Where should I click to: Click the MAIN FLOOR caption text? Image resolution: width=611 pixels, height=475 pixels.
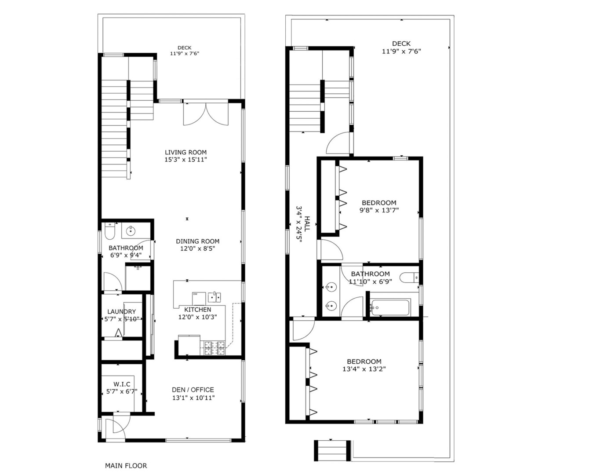(x=126, y=465)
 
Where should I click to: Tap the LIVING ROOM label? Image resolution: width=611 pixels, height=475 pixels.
(x=185, y=152)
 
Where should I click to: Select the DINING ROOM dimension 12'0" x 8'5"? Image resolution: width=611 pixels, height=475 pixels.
(x=197, y=248)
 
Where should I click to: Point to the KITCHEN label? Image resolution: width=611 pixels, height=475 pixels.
(x=197, y=309)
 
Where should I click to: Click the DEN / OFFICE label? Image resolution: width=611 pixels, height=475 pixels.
(x=193, y=390)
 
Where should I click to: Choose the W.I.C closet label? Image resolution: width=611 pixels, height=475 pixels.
(x=122, y=384)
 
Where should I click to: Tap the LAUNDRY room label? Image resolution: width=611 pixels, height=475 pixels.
(x=121, y=312)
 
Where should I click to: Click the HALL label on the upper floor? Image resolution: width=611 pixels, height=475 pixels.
(x=307, y=223)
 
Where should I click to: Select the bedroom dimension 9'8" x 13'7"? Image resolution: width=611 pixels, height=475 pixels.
(x=378, y=210)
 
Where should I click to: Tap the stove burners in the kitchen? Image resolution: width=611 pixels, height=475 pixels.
(x=215, y=348)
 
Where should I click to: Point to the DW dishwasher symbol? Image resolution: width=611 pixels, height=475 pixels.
(x=196, y=294)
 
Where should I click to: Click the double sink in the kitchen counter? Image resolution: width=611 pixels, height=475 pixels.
(x=214, y=297)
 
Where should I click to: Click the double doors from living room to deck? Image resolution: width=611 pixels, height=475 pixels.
(x=206, y=113)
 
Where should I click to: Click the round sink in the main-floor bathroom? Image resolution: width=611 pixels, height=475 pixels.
(x=131, y=230)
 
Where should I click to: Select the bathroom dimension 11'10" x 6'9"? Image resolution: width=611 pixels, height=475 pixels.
(x=369, y=281)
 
